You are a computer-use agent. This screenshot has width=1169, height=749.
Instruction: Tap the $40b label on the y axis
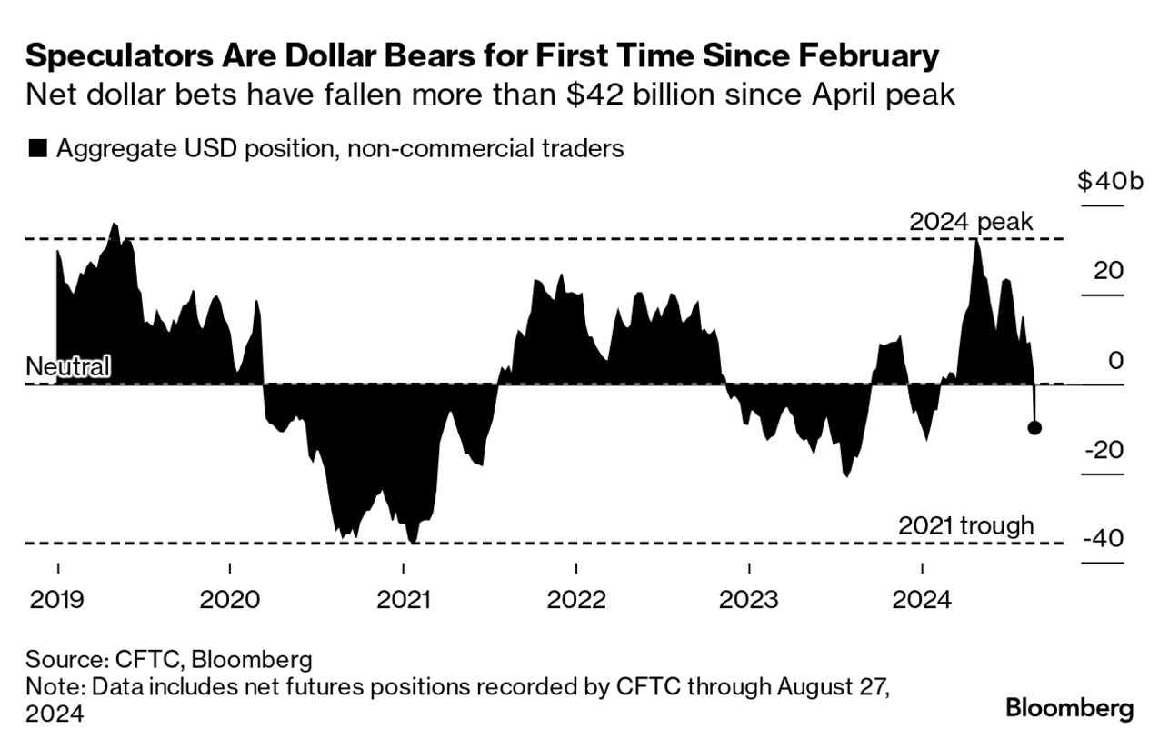pyautogui.click(x=1101, y=182)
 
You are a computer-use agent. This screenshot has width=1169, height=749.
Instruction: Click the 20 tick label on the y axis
pyautogui.click(x=1109, y=271)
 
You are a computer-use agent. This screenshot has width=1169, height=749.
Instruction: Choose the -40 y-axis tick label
pyautogui.click(x=1103, y=539)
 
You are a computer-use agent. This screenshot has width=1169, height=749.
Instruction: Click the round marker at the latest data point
pyautogui.click(x=1034, y=427)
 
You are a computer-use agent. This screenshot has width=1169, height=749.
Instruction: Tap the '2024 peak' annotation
pyautogui.click(x=971, y=222)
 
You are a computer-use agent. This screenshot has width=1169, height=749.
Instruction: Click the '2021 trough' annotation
pyautogui.click(x=965, y=524)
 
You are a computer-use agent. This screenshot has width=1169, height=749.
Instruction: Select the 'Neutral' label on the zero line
pyautogui.click(x=68, y=367)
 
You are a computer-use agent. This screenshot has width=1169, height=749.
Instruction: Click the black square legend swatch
pyautogui.click(x=37, y=149)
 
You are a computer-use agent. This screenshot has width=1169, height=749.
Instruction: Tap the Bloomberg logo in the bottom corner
pyautogui.click(x=1069, y=708)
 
